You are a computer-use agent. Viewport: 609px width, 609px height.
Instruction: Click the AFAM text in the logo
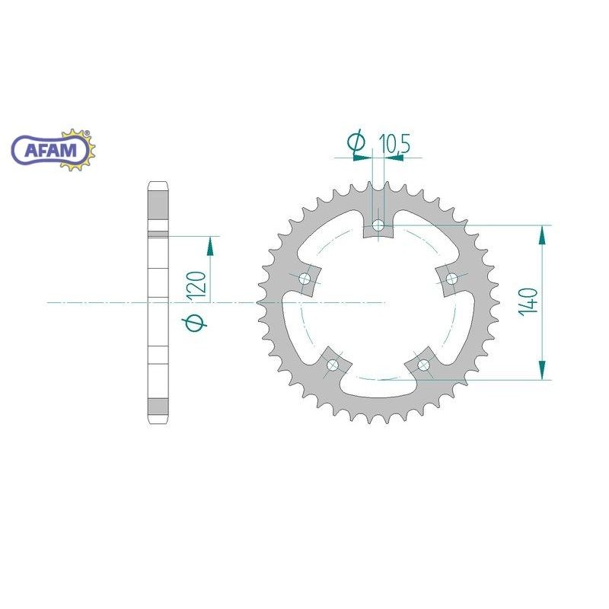(x=51, y=150)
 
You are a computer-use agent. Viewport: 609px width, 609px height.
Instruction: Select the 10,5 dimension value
(x=394, y=144)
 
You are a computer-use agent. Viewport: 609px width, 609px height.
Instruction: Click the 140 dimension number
(x=528, y=301)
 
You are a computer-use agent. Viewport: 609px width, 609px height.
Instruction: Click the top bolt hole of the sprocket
(x=378, y=225)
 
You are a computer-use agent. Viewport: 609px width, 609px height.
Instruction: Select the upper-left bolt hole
(x=305, y=279)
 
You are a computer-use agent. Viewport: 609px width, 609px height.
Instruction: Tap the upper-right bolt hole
(x=451, y=278)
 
